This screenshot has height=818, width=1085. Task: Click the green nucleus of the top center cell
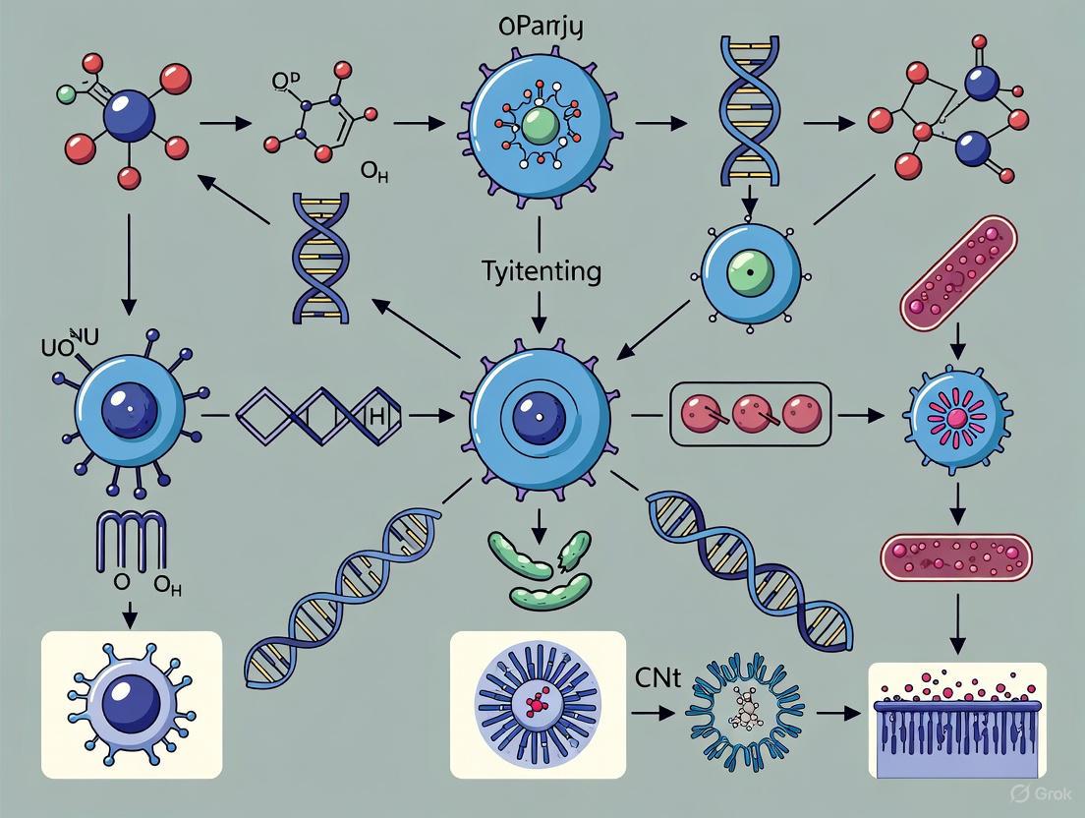540,127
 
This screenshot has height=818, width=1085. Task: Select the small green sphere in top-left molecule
66,94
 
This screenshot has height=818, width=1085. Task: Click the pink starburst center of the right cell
954,417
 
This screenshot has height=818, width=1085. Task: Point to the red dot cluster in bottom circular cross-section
537,704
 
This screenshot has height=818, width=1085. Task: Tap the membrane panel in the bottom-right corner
958,720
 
